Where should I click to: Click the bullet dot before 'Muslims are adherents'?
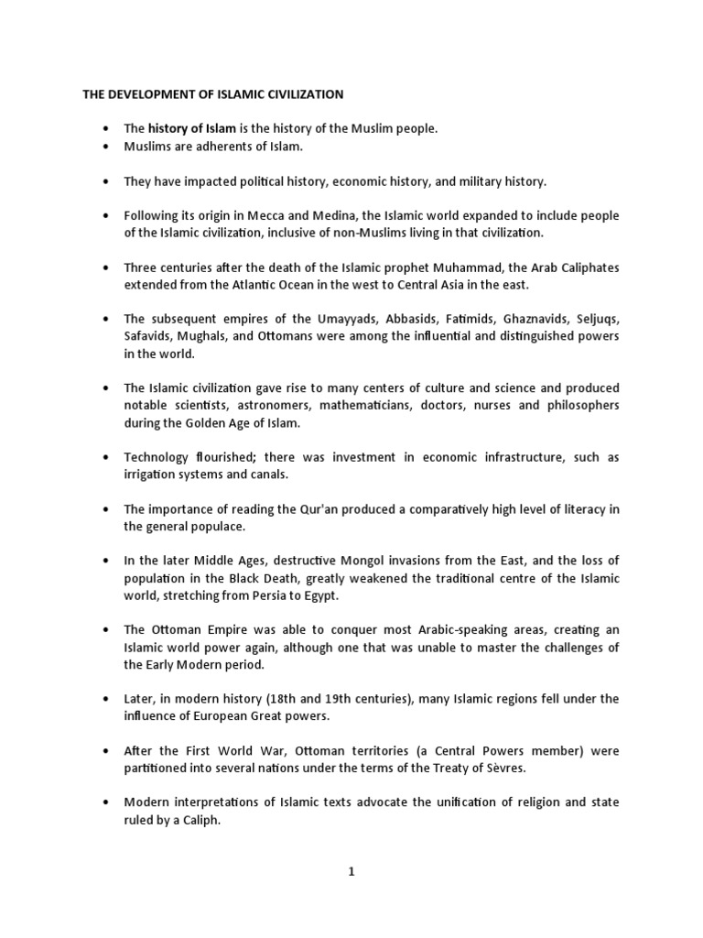[106, 147]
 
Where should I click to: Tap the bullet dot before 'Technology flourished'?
[106, 457]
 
